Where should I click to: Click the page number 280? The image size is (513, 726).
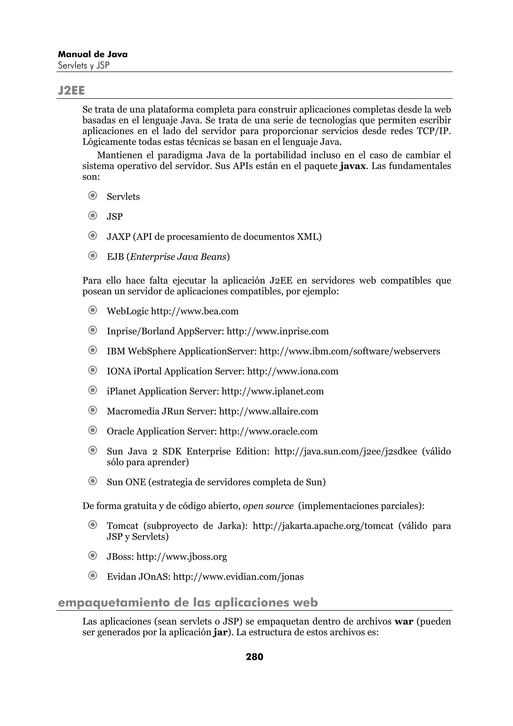point(254,657)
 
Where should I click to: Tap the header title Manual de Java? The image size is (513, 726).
point(93,54)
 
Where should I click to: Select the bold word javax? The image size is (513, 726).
point(353,166)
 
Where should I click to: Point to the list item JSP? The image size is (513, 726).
point(115,217)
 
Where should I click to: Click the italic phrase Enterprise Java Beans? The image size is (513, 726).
point(178,257)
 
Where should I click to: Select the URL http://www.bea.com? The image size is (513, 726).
point(195,311)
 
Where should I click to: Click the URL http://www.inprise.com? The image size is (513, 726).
point(278,331)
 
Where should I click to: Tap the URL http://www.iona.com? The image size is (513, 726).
point(292,371)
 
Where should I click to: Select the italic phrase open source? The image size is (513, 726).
point(268,506)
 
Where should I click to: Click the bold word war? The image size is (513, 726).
point(404,622)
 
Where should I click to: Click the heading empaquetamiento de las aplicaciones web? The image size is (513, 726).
point(188,603)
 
